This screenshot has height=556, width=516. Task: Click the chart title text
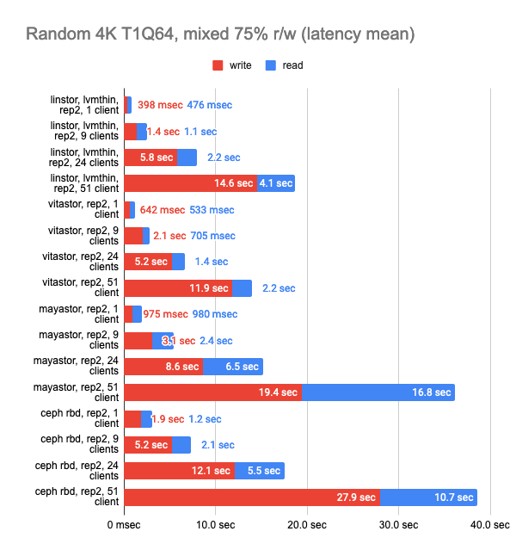click(221, 34)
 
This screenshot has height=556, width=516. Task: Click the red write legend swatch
click(218, 65)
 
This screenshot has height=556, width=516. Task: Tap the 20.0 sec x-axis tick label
click(307, 522)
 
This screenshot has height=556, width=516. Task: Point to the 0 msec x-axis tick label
click(124, 522)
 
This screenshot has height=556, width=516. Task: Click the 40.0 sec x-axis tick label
click(489, 522)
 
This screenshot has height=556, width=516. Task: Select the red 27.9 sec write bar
click(252, 497)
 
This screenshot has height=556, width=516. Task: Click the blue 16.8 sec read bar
click(378, 392)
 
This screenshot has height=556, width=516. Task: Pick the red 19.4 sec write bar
click(212, 392)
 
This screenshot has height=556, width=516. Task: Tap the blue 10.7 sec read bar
click(428, 497)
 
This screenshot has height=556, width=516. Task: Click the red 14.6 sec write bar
click(191, 183)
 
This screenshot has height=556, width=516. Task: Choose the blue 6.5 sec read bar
click(233, 367)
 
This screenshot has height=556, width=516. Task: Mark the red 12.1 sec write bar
click(180, 471)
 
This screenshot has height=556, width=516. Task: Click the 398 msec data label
click(160, 105)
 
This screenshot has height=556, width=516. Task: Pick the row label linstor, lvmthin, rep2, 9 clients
click(83, 131)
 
